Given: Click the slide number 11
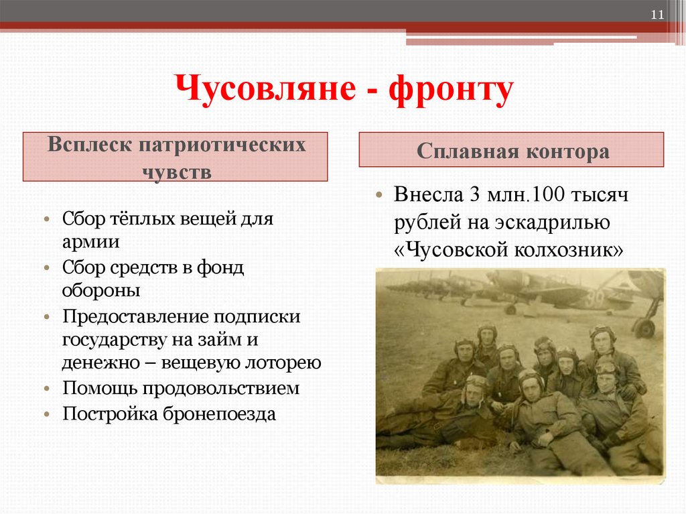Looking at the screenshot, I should (657, 15).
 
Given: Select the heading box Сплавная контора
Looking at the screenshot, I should (512, 150).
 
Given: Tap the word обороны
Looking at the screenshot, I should (101, 291).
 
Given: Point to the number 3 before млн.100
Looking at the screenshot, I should (474, 195).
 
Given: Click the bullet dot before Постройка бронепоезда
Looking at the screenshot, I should (48, 414).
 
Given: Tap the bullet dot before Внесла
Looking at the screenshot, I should (379, 196).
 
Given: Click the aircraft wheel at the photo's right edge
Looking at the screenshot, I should (644, 328).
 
